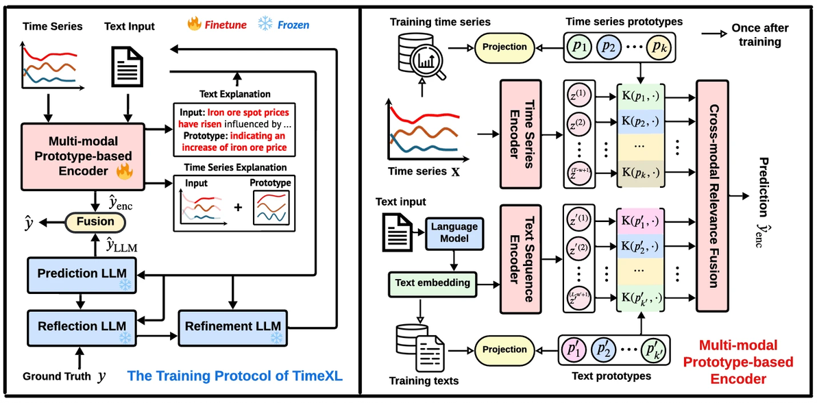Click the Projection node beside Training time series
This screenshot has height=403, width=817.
coord(504,47)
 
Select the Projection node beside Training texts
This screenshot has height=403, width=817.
coord(504,349)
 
